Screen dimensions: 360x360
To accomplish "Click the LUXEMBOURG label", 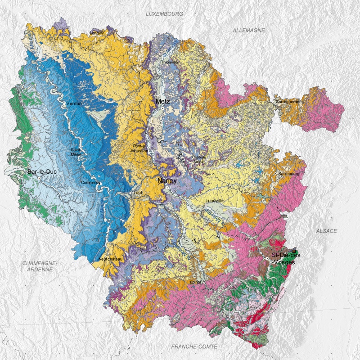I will pyautogui.click(x=164, y=14).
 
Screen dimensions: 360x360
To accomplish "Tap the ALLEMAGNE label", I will pyautogui.click(x=249, y=30).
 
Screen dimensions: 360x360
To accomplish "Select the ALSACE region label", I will pyautogui.click(x=326, y=231).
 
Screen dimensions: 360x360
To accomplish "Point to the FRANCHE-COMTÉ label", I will pyautogui.click(x=194, y=346).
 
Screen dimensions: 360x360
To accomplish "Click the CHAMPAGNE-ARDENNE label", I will pyautogui.click(x=39, y=266).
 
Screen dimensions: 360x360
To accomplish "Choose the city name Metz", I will pyautogui.click(x=162, y=102).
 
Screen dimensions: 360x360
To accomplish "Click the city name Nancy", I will pyautogui.click(x=167, y=181).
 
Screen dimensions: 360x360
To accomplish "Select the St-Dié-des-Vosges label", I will pyautogui.click(x=287, y=259).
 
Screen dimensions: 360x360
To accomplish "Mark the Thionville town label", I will pyautogui.click(x=170, y=62).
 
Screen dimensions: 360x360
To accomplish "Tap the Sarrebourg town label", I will pyautogui.click(x=289, y=173).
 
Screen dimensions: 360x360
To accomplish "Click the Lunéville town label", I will pyautogui.click(x=214, y=201).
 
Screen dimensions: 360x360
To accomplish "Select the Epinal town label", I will pyautogui.click(x=196, y=282).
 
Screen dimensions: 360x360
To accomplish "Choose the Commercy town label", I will pyautogui.click(x=90, y=183).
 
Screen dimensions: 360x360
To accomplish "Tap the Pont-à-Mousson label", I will pyautogui.click(x=140, y=148).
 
